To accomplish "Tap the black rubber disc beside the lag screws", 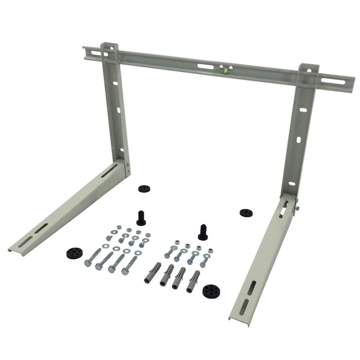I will pyautogui.click(x=75, y=253).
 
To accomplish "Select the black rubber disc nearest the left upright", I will pyautogui.click(x=144, y=189).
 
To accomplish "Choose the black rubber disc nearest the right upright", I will pyautogui.click(x=246, y=212).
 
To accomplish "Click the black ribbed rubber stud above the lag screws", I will pyautogui.click(x=141, y=217).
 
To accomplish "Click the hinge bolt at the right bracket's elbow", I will pyautogui.click(x=296, y=207).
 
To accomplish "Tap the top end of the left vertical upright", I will pyautogui.click(x=109, y=46).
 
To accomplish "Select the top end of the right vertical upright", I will pyautogui.click(x=309, y=67).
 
